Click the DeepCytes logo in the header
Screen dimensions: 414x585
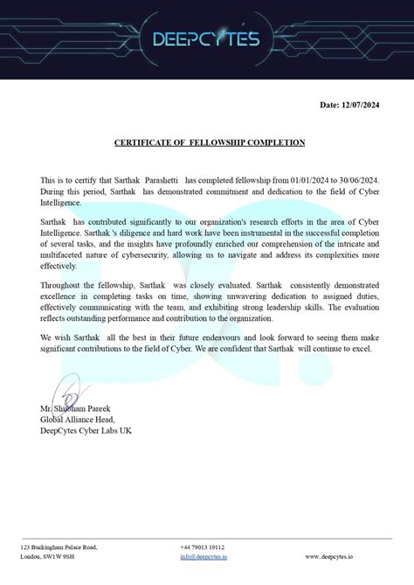(206, 39)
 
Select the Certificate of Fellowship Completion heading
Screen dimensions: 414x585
(210, 142)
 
